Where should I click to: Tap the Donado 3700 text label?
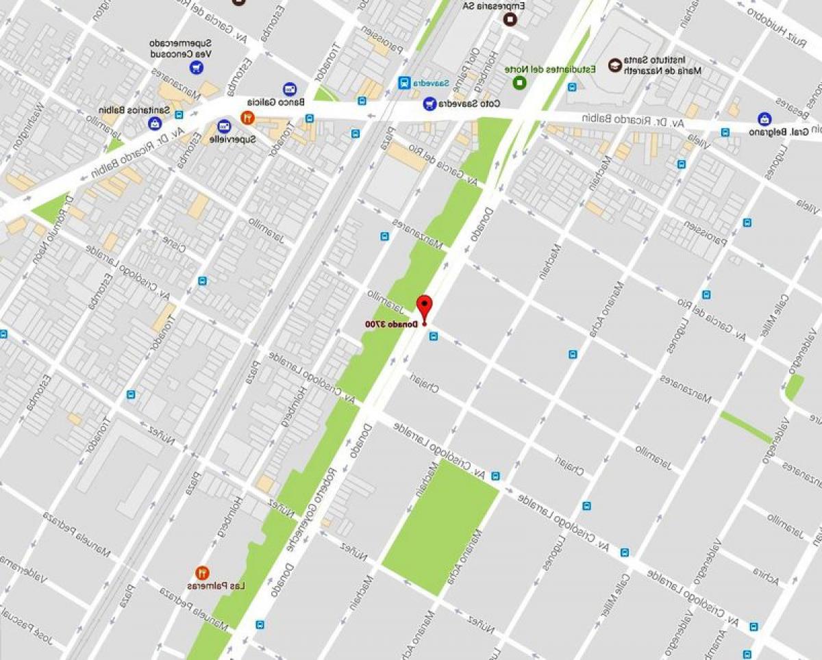click(x=388, y=324)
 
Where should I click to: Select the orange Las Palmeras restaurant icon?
click(x=203, y=572)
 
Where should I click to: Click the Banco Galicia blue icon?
click(x=289, y=90)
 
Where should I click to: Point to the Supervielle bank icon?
click(x=224, y=127)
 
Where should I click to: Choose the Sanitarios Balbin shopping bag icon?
click(x=155, y=124)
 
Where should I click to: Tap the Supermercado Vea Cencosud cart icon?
click(x=197, y=68)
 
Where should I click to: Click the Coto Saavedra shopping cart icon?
click(x=429, y=104)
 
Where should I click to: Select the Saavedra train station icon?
click(x=404, y=83)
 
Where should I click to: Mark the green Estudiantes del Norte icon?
click(x=519, y=83)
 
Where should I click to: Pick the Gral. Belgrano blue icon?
click(x=764, y=119)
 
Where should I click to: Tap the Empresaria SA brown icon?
click(x=509, y=18)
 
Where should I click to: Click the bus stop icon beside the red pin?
click(x=433, y=335)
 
